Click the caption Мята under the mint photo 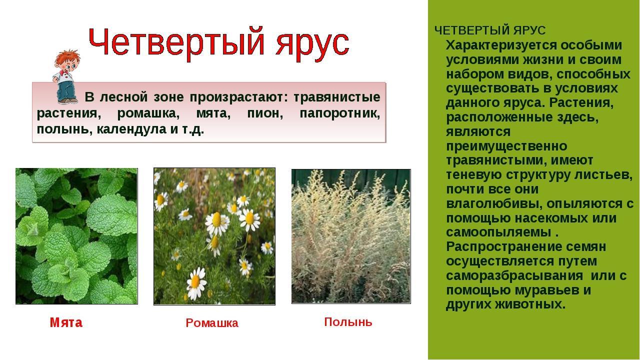(x=66, y=322)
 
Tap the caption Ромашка (x=211, y=323)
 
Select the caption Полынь (x=348, y=322)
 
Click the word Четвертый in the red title (x=176, y=43)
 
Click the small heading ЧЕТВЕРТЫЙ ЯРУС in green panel (x=490, y=30)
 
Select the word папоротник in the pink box (x=339, y=113)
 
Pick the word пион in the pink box (x=265, y=113)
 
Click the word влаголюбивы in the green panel (x=494, y=204)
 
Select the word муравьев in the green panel (x=545, y=290)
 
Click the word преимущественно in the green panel (x=506, y=146)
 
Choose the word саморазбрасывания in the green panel (x=514, y=276)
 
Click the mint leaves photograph (x=76, y=236)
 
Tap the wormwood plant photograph (x=351, y=236)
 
